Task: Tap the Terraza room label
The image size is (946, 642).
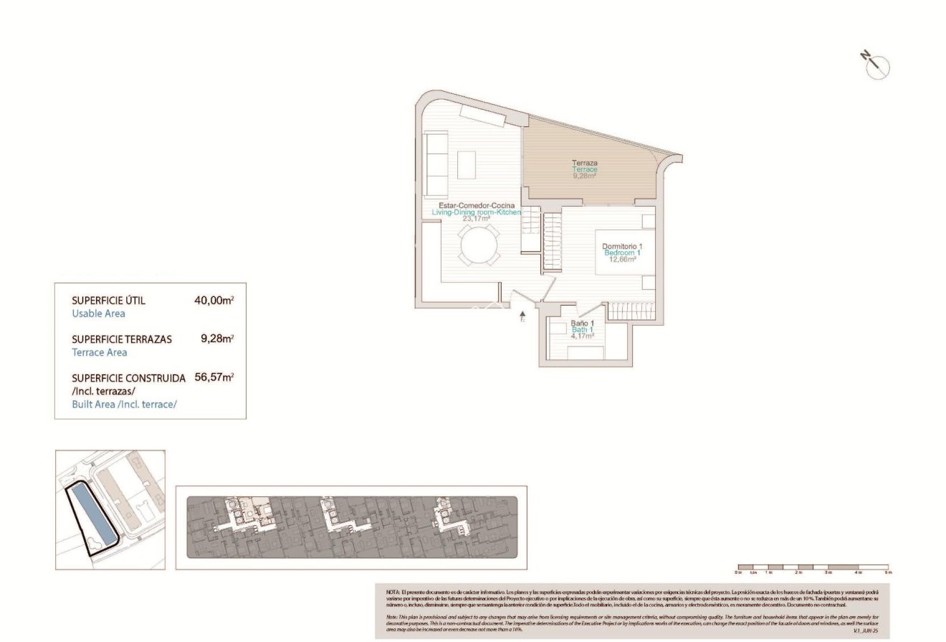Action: pos(585,163)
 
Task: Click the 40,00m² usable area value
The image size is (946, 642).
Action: pos(214,301)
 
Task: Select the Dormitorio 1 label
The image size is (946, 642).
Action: pos(622,246)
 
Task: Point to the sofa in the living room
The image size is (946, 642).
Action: pos(435,164)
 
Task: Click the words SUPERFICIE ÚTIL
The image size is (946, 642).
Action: pos(109,301)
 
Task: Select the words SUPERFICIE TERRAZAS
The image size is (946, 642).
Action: pos(122,339)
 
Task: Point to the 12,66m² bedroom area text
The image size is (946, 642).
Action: pos(622,260)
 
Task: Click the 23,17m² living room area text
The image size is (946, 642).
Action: pos(476,219)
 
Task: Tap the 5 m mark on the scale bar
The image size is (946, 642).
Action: pos(888,572)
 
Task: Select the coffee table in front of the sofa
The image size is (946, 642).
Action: pos(466,164)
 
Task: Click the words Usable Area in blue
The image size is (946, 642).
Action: pos(99,313)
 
